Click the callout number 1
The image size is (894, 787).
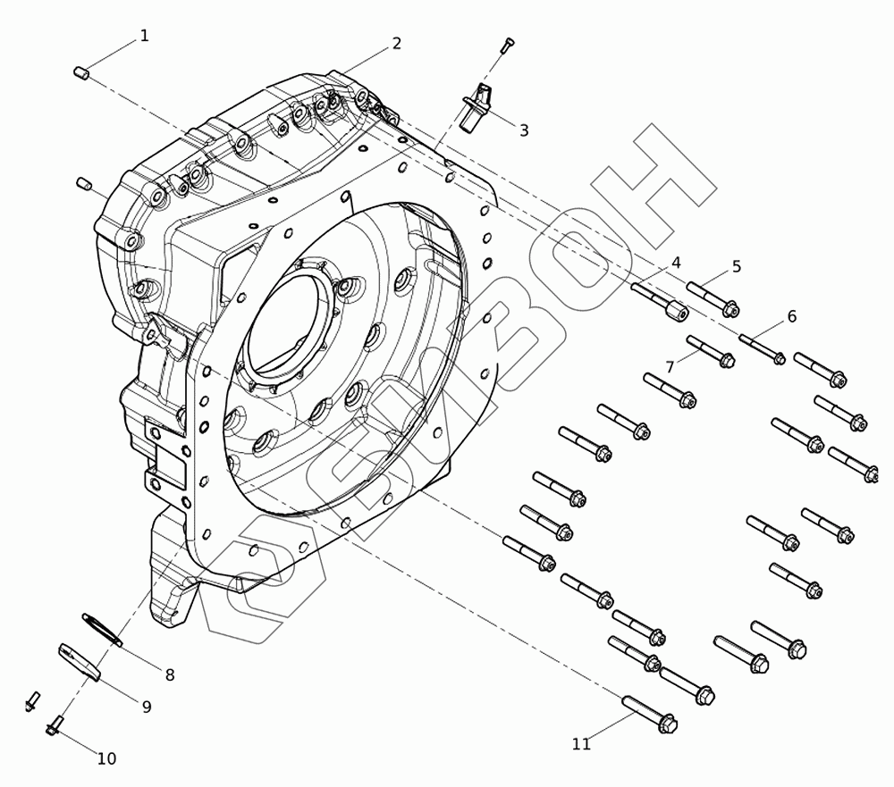tap(144, 36)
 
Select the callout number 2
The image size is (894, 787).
tap(396, 43)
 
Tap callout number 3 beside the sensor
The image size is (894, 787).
tap(523, 130)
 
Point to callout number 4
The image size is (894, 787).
tap(676, 263)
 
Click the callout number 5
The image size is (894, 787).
tap(736, 267)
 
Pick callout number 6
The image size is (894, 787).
tap(791, 316)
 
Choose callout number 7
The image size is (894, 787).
tap(670, 367)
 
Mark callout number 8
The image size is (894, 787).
tap(169, 675)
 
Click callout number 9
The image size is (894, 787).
tap(147, 707)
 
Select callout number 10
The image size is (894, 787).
tap(106, 759)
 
